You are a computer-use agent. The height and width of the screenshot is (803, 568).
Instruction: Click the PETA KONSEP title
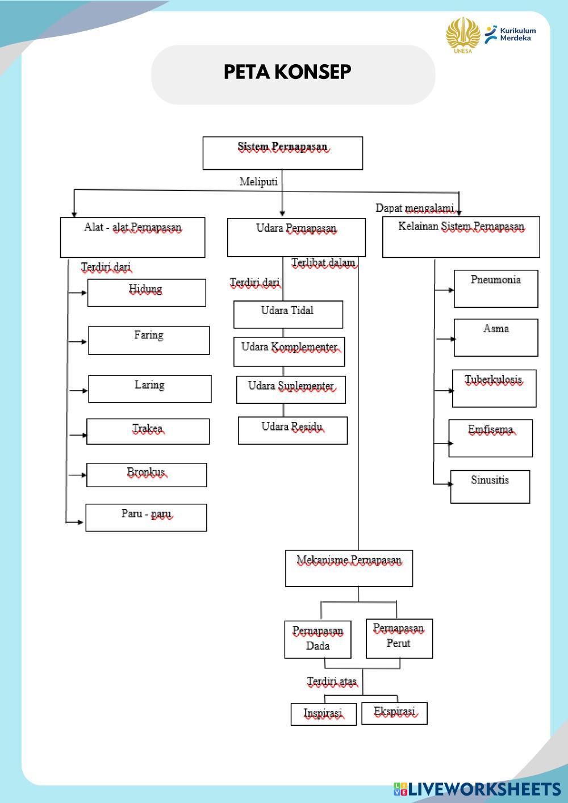coord(287,72)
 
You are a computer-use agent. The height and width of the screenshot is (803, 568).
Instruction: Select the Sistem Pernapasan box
coord(282,153)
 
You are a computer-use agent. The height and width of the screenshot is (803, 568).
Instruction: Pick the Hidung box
coord(147,292)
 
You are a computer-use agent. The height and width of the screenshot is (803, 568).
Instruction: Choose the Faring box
coord(149,340)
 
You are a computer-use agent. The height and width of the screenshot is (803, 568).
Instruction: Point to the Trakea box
coord(148,432)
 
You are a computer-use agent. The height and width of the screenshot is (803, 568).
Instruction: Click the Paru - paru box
coord(146,517)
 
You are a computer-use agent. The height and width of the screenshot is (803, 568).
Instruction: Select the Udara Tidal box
coord(288,314)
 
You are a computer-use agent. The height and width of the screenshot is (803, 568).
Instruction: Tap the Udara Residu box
coord(293,430)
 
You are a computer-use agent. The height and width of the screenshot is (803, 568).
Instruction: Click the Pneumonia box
coord(496,288)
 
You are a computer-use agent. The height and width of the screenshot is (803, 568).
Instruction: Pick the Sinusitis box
coord(490,486)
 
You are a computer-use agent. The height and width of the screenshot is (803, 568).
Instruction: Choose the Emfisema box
coord(491,438)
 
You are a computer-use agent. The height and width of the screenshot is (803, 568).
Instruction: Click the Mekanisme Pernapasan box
coord(349,568)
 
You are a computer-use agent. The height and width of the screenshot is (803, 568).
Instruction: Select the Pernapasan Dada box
coord(318,639)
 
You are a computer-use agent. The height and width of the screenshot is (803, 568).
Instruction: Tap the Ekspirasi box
coord(394,713)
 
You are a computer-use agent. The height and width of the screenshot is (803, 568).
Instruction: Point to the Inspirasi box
coord(323,714)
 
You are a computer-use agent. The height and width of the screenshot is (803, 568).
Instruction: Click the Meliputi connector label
coord(258,182)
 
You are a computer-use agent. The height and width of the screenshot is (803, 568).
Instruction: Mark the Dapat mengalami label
coord(415,208)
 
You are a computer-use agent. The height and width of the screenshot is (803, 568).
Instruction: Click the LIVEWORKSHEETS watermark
coord(477,789)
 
